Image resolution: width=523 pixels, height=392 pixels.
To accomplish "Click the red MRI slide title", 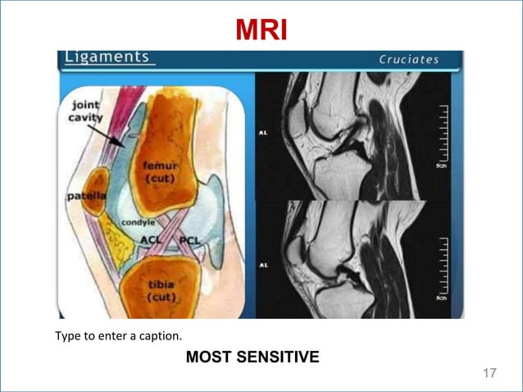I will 261,30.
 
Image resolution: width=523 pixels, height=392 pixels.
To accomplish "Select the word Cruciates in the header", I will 409,59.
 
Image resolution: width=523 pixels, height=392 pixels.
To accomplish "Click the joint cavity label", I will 85,112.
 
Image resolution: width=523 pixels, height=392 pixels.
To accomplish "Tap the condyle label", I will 138,222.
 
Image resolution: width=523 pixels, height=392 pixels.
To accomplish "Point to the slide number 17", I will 490,374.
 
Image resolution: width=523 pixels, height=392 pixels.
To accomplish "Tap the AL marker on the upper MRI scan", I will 263,130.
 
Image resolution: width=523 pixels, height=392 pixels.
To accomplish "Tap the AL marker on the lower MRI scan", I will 263,266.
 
